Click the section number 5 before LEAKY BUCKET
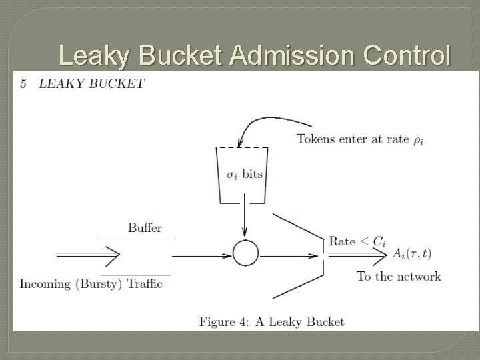point(23,84)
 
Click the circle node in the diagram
point(245,253)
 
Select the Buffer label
point(145,228)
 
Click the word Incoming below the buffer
point(45,284)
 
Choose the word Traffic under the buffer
point(145,284)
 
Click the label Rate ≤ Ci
point(357,241)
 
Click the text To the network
point(398,276)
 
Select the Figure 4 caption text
point(271,321)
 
